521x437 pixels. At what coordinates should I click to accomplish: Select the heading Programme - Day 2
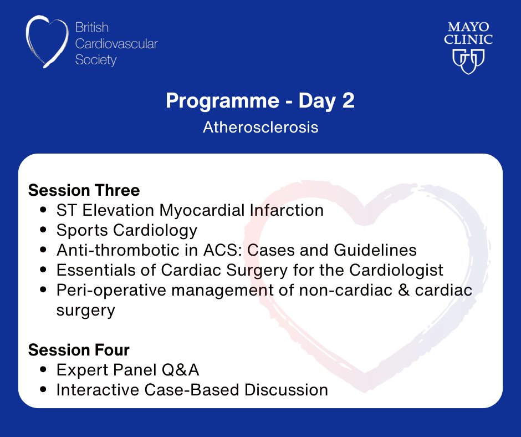tap(260, 102)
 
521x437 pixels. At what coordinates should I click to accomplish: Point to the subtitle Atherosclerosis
tap(260, 127)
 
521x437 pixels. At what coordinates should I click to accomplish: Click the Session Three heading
tap(84, 190)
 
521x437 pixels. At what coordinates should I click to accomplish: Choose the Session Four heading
tap(79, 350)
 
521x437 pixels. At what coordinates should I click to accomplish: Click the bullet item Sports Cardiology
tap(126, 230)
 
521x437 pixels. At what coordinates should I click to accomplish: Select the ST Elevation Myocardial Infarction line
tap(190, 210)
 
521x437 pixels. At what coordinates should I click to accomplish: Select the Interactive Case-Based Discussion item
tap(192, 390)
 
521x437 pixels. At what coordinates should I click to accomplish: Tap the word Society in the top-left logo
tap(96, 59)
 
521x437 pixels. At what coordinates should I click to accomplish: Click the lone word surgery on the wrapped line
tap(85, 309)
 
